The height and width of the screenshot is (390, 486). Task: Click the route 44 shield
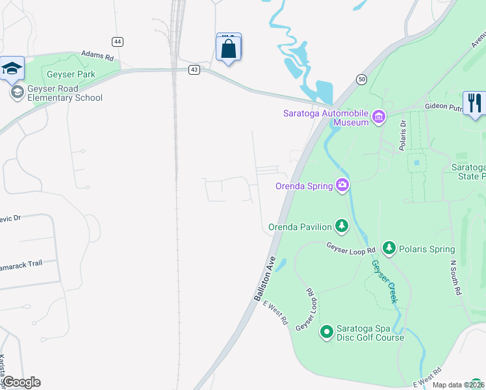tap(117, 42)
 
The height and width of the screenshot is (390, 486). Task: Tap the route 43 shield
tap(194, 70)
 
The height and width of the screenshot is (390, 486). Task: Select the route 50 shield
tap(361, 79)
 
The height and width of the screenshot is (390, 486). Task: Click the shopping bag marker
tap(228, 49)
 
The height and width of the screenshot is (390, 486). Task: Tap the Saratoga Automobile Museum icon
tap(378, 117)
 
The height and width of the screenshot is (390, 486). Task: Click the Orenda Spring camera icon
tap(342, 185)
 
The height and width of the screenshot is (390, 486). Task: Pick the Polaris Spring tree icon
tap(389, 248)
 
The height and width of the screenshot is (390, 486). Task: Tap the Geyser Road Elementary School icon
tap(17, 93)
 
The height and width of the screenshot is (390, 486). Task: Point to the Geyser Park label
tap(70, 75)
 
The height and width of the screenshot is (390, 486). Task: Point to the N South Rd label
tap(455, 278)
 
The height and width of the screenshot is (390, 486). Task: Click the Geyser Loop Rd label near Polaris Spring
tap(351, 248)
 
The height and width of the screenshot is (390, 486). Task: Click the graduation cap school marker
tap(12, 68)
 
